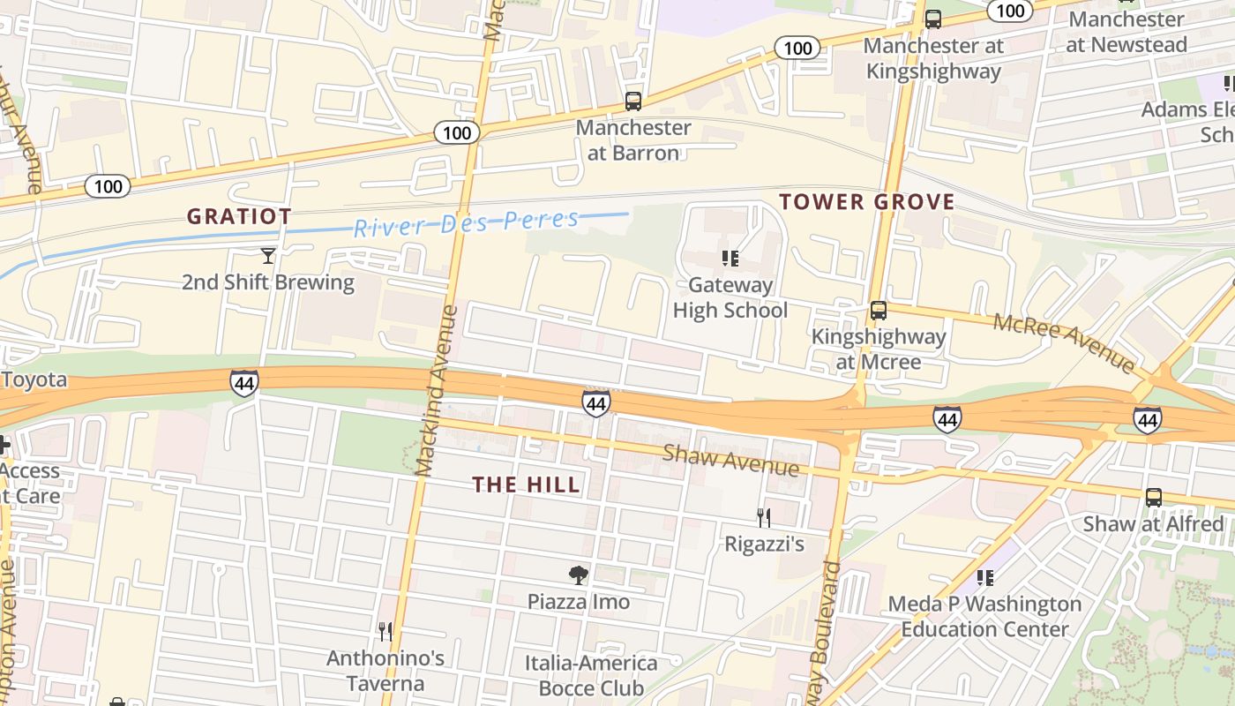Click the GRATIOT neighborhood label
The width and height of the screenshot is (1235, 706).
tap(239, 216)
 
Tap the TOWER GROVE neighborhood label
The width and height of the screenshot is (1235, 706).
tap(866, 202)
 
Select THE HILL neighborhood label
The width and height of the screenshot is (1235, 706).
tap(526, 484)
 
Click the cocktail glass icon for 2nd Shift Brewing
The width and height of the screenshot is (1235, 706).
tap(268, 256)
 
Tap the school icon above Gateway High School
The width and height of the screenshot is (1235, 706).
tap(730, 258)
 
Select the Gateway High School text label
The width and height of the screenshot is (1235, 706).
tap(730, 297)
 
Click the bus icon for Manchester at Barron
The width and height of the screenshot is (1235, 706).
tap(632, 101)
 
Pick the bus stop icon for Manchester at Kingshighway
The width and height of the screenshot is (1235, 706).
tap(932, 19)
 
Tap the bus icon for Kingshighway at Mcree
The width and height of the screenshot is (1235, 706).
tap(878, 311)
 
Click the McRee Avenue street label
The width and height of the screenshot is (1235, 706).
tap(1064, 342)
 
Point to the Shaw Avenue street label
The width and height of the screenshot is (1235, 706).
tap(730, 460)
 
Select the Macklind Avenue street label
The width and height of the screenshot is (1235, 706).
tap(438, 390)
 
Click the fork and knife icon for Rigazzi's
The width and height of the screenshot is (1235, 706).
tap(764, 517)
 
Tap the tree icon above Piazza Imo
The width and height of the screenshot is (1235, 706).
tap(578, 575)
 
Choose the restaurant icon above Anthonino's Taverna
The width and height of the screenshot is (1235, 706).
tap(385, 631)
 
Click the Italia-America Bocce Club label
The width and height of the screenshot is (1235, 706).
tap(591, 675)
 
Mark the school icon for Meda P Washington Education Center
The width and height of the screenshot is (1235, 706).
tap(984, 578)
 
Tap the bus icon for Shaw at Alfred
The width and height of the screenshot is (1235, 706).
tap(1153, 497)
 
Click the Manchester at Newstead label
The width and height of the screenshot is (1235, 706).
tap(1126, 32)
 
